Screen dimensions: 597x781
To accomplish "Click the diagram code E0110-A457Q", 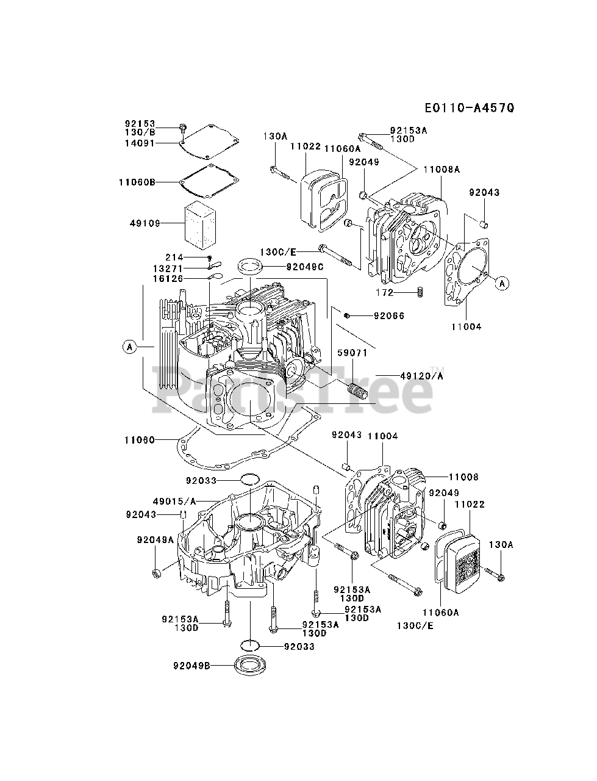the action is point(470,108).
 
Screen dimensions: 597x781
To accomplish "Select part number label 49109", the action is point(145,223).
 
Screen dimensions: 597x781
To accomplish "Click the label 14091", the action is point(140,143).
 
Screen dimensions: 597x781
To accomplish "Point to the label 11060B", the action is point(137,182).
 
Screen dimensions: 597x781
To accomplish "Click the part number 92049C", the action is point(305,267).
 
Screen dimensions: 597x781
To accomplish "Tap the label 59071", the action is point(352,353).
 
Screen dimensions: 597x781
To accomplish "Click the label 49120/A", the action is point(422,376).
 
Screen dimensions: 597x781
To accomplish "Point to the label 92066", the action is point(389,315).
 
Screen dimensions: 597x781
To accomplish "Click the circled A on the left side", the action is point(130,346).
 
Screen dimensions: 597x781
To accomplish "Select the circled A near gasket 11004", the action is point(502,284).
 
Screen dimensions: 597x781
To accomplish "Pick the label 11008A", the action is point(441,170).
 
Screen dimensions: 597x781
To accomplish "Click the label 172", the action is point(385,292).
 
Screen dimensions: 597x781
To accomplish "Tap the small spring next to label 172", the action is point(420,292).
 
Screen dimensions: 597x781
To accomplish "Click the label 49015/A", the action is point(174,502).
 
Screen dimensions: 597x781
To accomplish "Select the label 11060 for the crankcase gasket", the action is point(140,440).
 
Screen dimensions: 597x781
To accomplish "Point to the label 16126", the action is point(168,279).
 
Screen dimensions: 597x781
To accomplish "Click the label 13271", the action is point(168,268).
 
